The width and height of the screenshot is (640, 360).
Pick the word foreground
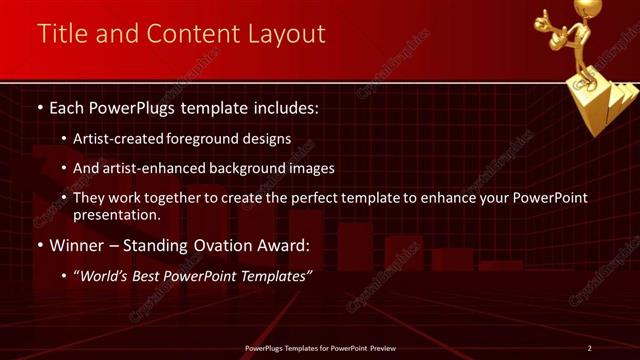click(218, 139)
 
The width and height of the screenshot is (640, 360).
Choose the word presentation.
click(117, 214)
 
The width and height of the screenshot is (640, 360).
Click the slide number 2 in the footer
click(589, 348)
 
